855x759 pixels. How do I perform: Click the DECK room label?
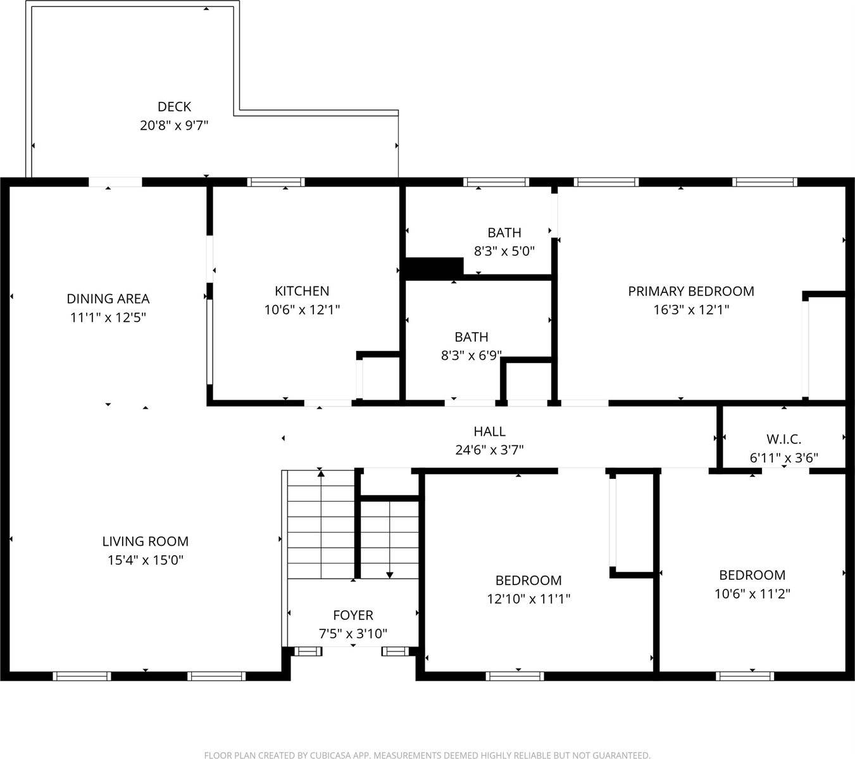pyautogui.click(x=174, y=107)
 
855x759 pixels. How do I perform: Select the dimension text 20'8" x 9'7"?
pyautogui.click(x=174, y=125)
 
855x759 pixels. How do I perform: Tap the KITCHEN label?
pyautogui.click(x=302, y=291)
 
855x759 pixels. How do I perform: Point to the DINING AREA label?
pyautogui.click(x=108, y=299)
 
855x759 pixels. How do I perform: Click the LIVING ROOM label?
pyautogui.click(x=146, y=541)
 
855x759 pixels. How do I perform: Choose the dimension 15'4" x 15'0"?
pyautogui.click(x=146, y=560)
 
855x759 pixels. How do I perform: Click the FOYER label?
pyautogui.click(x=353, y=615)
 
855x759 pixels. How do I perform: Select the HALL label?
pyautogui.click(x=490, y=431)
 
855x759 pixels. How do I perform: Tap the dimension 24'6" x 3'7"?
pyautogui.click(x=490, y=450)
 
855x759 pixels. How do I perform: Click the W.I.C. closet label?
pyautogui.click(x=784, y=439)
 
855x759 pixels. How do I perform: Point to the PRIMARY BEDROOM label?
pyautogui.click(x=691, y=291)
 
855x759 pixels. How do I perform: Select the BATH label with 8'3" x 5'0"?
pyautogui.click(x=504, y=233)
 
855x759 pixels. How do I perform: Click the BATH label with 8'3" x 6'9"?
pyautogui.click(x=471, y=337)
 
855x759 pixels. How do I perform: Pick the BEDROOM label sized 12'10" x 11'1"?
pyautogui.click(x=528, y=580)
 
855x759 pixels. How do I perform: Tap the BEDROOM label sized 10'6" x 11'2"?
pyautogui.click(x=752, y=575)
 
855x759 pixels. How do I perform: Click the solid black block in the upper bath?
pyautogui.click(x=434, y=268)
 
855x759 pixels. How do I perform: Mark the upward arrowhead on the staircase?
pyautogui.click(x=321, y=472)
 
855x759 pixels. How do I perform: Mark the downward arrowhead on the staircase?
pyautogui.click(x=390, y=574)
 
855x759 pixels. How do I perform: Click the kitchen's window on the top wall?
pyautogui.click(x=276, y=182)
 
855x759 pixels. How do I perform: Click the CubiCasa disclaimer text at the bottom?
pyautogui.click(x=427, y=755)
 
